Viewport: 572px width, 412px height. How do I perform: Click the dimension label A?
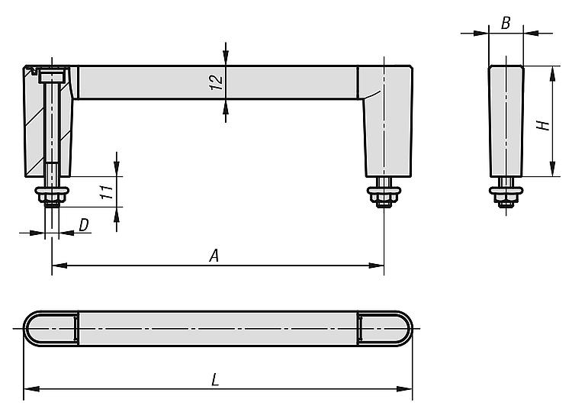click(x=215, y=256)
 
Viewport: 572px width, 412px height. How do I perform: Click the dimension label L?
click(x=215, y=379)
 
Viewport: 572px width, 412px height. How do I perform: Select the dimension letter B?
click(x=505, y=23)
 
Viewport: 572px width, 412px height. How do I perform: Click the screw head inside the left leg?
click(x=53, y=75)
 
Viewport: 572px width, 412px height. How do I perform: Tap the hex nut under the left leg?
click(x=52, y=201)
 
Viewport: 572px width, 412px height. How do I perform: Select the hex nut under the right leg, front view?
click(x=384, y=201)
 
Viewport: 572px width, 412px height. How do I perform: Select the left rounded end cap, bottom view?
click(x=50, y=328)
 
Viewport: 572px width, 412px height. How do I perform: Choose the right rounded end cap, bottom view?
click(x=386, y=328)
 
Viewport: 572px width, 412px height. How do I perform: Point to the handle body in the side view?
click(x=505, y=122)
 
